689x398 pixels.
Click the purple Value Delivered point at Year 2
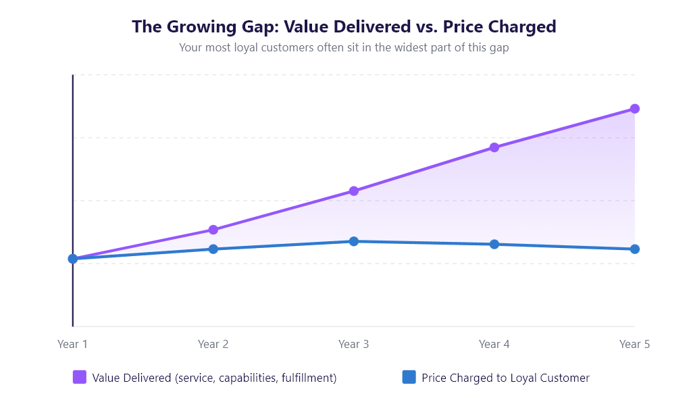pos(213,230)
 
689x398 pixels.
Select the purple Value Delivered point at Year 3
pos(354,191)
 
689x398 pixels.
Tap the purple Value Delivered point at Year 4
pos(494,147)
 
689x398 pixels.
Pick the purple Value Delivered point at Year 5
pos(635,109)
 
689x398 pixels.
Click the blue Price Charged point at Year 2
pos(213,249)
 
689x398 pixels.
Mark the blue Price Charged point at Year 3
pos(354,241)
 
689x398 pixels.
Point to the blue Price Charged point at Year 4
pos(494,244)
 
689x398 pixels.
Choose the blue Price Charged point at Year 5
pos(635,249)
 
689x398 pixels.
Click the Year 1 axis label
pos(73,344)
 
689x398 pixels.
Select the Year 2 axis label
pos(213,344)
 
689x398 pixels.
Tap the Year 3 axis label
pos(354,344)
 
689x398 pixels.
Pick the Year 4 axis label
pos(494,344)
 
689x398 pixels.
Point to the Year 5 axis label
pos(634,344)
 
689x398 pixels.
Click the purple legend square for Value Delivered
pos(80,378)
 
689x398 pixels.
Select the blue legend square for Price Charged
pos(409,378)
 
